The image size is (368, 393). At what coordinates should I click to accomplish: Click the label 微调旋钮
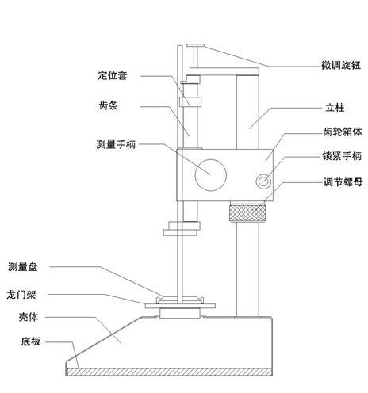point(341,65)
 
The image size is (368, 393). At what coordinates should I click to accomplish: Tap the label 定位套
point(113,75)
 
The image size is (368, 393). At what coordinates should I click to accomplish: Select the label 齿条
point(109,105)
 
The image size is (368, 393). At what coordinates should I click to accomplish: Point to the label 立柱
point(335,108)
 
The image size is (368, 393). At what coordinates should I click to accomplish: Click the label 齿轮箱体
point(343,132)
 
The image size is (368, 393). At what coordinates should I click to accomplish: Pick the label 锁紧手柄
point(342,156)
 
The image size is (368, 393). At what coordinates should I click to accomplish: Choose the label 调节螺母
point(343,182)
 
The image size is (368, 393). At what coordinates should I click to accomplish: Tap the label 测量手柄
point(116,144)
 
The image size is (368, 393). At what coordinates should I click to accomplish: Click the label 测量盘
point(23,267)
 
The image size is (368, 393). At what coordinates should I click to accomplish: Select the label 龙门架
point(21,295)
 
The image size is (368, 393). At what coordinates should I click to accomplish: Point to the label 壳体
point(29,317)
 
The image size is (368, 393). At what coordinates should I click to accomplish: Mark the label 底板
point(31,341)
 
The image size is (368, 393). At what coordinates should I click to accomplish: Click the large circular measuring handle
point(211,175)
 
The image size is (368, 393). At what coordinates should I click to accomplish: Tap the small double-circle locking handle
point(263,181)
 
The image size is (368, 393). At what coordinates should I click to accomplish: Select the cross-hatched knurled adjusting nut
point(247,213)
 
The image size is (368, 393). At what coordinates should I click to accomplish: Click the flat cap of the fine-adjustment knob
point(196,45)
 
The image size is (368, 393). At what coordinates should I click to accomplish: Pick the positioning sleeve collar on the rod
point(190,102)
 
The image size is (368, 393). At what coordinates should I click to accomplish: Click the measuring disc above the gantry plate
point(181,300)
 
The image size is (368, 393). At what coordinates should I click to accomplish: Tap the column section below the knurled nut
point(247,269)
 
